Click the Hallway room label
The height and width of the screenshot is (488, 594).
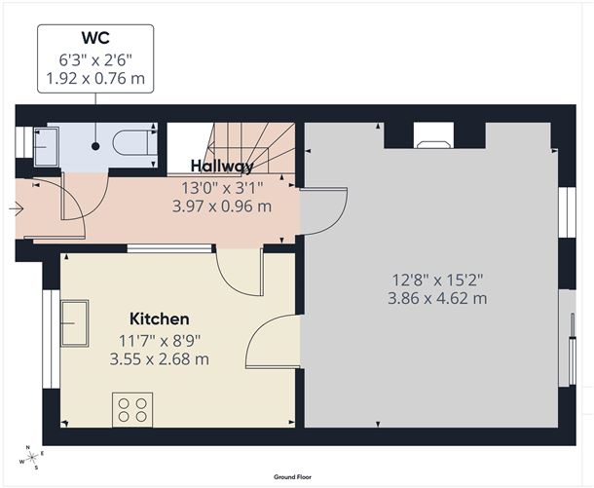click(x=223, y=167)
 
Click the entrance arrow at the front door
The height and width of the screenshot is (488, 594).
click(x=18, y=207)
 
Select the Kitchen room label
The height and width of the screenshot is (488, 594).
click(x=160, y=319)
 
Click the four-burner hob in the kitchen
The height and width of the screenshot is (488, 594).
click(x=131, y=408)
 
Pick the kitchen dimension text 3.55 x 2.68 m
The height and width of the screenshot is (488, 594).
click(x=160, y=358)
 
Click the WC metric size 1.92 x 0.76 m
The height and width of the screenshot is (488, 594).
click(x=95, y=79)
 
